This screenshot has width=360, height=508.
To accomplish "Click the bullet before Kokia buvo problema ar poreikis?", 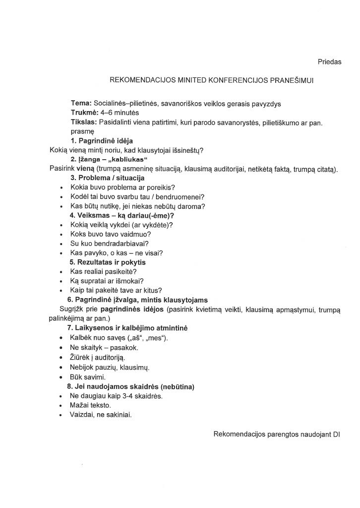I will pos(60,188).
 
